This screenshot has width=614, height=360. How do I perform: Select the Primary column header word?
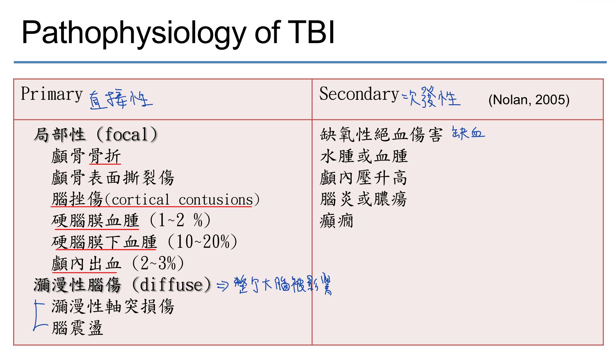tap(52, 94)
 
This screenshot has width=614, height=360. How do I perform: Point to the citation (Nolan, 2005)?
tap(529, 100)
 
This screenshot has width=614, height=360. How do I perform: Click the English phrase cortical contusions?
tap(182, 200)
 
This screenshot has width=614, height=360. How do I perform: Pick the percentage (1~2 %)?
tap(180, 220)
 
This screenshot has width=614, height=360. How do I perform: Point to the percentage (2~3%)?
tap(158, 263)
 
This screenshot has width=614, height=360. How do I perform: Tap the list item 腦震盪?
tap(77, 328)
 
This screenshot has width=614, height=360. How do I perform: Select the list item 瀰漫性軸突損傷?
tap(113, 306)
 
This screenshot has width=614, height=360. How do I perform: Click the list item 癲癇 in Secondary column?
tap(337, 221)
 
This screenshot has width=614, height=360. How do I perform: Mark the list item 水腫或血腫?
tap(364, 156)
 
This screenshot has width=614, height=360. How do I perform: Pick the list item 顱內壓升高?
tap(364, 178)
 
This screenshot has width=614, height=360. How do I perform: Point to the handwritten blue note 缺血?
tap(468, 133)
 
